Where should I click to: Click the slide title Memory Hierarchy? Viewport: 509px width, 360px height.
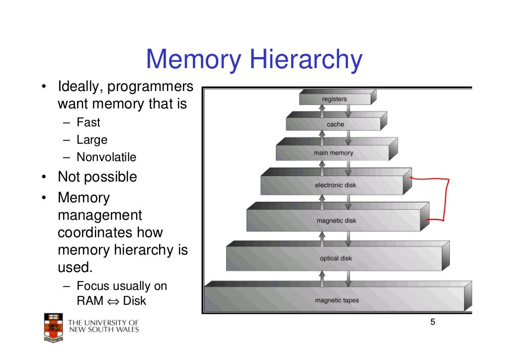click(x=254, y=59)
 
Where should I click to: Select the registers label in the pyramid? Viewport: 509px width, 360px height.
click(x=335, y=99)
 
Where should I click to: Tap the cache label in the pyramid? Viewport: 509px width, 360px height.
click(x=336, y=124)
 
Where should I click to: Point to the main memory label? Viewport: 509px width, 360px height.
click(x=334, y=153)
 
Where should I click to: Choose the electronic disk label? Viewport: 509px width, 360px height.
click(x=336, y=185)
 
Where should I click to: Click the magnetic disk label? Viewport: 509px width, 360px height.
click(x=337, y=221)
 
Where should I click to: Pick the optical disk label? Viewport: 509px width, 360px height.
click(x=336, y=258)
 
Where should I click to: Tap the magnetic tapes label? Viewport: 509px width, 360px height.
click(x=337, y=300)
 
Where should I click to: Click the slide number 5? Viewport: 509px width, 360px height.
click(x=432, y=322)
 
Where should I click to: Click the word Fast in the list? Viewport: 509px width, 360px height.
click(x=88, y=122)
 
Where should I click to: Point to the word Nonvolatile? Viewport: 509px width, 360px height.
click(x=106, y=157)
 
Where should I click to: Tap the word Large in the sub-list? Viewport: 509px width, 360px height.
click(x=92, y=140)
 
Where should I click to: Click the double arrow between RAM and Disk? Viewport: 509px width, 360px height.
click(x=113, y=301)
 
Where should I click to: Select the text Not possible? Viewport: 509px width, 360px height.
click(x=97, y=177)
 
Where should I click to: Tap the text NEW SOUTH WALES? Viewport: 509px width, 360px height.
click(x=103, y=329)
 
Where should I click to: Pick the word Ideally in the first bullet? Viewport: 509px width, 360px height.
click(x=80, y=87)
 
